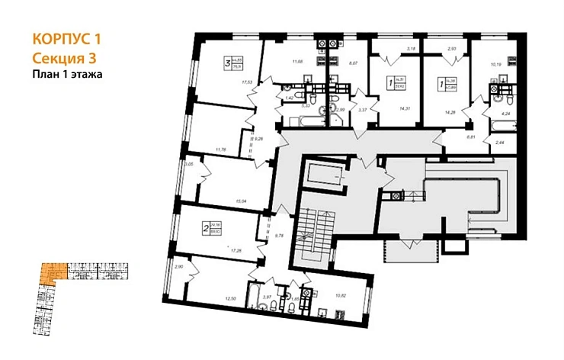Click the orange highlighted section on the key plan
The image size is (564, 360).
[50, 273]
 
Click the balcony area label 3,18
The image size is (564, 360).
[411, 50]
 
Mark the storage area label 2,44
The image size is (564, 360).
[499, 142]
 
